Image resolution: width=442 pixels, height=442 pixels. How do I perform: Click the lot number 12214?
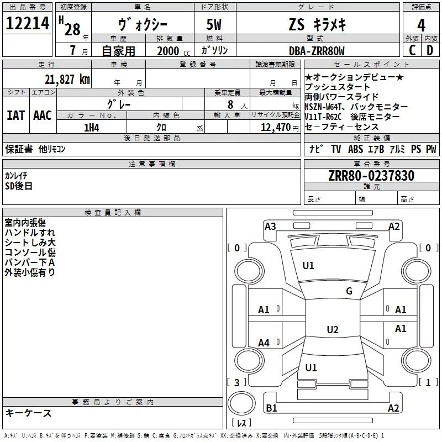27,23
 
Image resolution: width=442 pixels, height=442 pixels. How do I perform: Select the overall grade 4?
421,25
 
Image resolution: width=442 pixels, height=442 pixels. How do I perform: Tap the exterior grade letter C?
412,50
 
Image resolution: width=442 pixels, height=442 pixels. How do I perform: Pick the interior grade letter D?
430,50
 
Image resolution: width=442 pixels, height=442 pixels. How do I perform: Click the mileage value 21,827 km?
67,80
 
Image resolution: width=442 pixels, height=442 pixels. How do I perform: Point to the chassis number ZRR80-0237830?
371,176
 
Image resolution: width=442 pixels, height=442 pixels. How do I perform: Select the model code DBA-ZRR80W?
317,51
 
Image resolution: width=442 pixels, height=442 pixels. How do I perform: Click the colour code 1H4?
92,128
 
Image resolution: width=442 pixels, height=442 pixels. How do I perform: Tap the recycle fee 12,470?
275,128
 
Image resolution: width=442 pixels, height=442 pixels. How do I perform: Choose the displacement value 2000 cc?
173,51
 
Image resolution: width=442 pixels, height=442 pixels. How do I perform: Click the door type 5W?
214,24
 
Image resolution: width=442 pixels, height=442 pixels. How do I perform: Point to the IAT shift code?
15,115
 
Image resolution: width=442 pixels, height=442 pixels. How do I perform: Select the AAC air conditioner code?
43,115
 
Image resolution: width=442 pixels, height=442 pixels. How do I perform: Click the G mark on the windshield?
349,291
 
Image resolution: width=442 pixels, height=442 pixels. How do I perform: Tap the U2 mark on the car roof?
333,329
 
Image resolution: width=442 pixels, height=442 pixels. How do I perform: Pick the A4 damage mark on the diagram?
264,343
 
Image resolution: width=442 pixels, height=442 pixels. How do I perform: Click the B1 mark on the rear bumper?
271,408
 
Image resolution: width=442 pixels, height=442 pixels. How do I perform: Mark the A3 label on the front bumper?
270,227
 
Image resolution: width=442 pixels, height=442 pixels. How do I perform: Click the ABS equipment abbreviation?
355,149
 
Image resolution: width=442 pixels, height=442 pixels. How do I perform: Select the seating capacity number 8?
230,104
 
